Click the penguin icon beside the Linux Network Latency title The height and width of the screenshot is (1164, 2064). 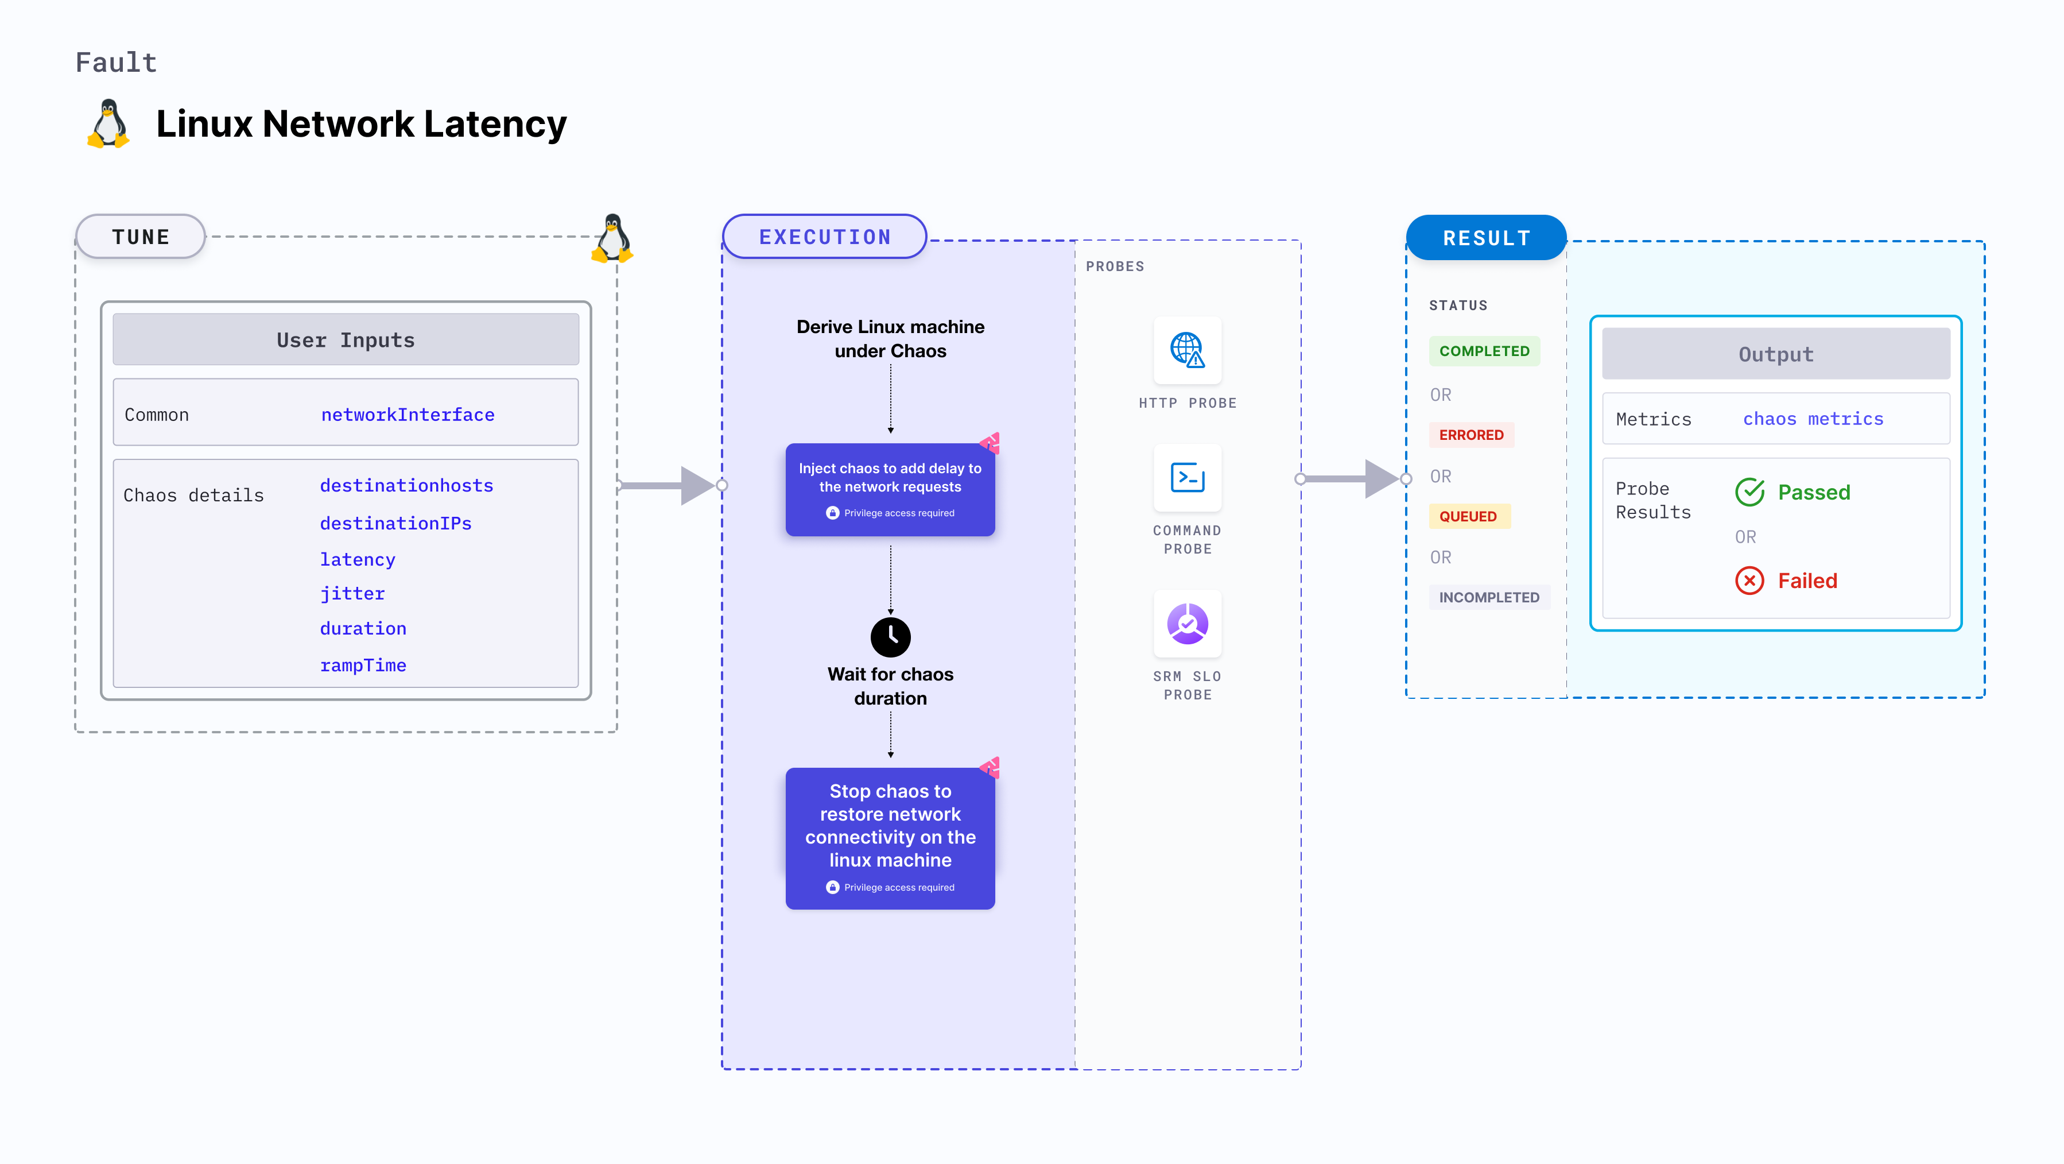click(108, 124)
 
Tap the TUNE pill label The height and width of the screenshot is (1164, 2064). click(141, 237)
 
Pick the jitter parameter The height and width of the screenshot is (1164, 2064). click(352, 594)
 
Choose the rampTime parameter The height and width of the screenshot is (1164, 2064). click(363, 666)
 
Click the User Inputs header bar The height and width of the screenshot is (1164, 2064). click(346, 340)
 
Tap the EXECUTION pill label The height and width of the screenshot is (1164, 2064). click(824, 237)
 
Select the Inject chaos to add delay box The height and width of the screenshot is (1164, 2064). click(890, 490)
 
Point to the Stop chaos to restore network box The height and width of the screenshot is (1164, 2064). click(890, 838)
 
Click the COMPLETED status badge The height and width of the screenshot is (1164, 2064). click(1484, 351)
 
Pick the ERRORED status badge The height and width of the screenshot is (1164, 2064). click(1471, 435)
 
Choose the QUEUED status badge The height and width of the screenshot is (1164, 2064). click(1468, 516)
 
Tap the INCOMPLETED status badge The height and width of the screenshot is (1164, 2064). click(1489, 597)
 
